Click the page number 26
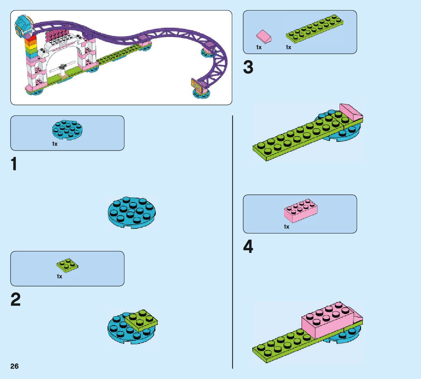point(15,366)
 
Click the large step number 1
point(14,164)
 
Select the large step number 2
point(15,300)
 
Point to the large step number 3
point(248,68)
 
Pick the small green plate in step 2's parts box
point(67,266)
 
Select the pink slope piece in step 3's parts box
point(264,37)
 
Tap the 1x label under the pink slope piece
point(259,48)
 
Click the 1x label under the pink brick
point(286,227)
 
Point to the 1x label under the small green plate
point(59,277)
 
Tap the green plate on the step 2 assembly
point(142,320)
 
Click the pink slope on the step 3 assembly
point(350,111)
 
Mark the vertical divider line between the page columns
point(233,241)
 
